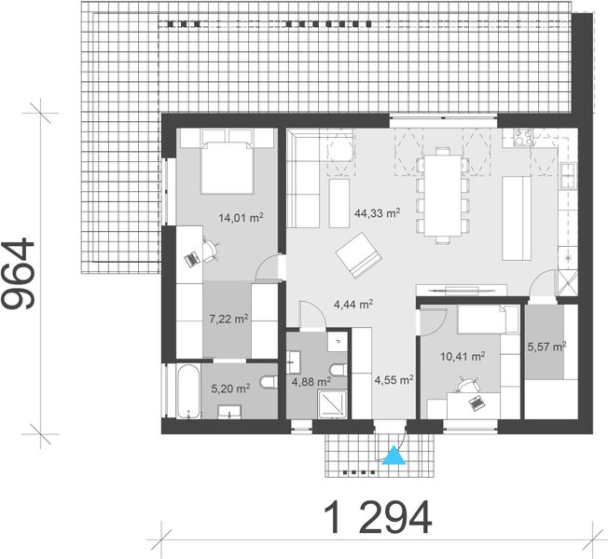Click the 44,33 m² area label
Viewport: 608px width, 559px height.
tap(377, 212)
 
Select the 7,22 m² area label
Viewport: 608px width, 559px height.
tap(228, 319)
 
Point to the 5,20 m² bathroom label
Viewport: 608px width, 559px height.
tap(229, 389)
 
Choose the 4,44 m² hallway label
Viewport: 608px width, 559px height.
tap(353, 304)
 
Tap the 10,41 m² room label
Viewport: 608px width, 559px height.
tap(463, 356)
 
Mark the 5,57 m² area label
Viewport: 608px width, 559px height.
tap(546, 347)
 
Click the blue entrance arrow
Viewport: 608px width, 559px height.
tap(395, 456)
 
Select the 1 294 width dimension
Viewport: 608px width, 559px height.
tap(378, 515)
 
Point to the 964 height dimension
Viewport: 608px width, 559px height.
tap(21, 273)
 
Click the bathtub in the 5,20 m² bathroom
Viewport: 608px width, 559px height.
tap(180, 391)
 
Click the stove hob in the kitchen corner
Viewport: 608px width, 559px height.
tap(520, 140)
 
